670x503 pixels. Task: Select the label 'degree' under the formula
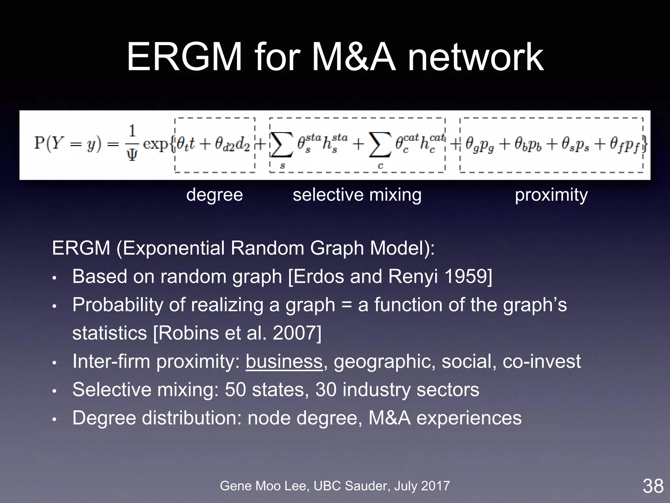tap(215, 195)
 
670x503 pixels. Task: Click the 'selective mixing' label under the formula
tap(357, 195)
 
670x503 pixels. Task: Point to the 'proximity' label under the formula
tap(551, 195)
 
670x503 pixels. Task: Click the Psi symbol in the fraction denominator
tap(132, 155)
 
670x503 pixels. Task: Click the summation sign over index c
tap(380, 145)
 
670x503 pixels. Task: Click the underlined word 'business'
tap(284, 361)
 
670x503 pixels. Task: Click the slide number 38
tap(653, 486)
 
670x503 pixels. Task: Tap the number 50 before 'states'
tap(235, 390)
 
